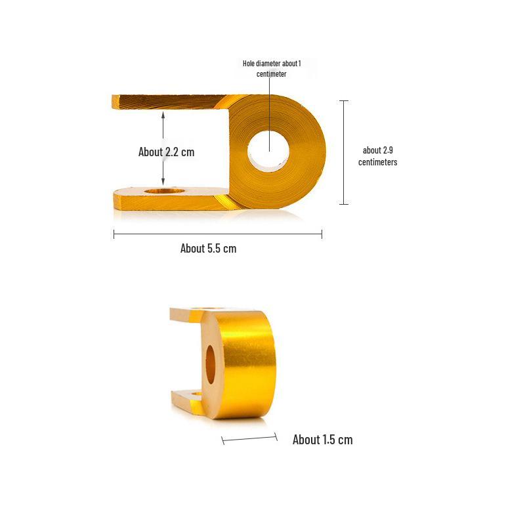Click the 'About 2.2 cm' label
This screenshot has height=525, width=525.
point(166,152)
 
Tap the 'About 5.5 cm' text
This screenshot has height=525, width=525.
point(208,248)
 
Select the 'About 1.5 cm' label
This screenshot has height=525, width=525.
point(322,440)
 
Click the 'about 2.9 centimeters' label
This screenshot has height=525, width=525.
point(377,156)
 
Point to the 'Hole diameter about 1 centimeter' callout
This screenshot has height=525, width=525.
point(271,68)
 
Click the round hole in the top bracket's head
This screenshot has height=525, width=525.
point(268,152)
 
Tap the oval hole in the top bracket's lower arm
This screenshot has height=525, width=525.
point(164,190)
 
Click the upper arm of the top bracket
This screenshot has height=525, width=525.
point(171,102)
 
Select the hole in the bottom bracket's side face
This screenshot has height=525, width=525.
point(211,364)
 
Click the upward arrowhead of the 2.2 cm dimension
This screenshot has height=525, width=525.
point(163,114)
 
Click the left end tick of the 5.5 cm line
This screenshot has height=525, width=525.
point(114,234)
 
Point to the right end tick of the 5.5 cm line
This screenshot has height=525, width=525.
point(322,234)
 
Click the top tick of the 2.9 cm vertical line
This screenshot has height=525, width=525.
point(344,101)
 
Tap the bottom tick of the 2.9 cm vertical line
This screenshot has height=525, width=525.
point(344,204)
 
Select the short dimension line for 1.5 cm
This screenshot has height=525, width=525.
point(249,438)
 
